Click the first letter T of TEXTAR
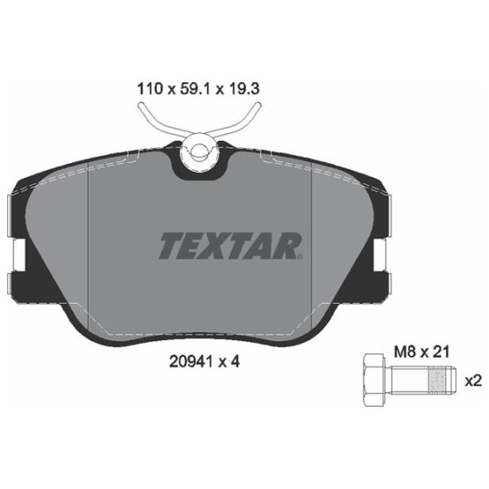coord(172,245)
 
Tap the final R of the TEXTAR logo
coord(289,245)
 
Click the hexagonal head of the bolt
coord(372,381)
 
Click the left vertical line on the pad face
coord(87,244)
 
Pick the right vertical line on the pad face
coord(314,244)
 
